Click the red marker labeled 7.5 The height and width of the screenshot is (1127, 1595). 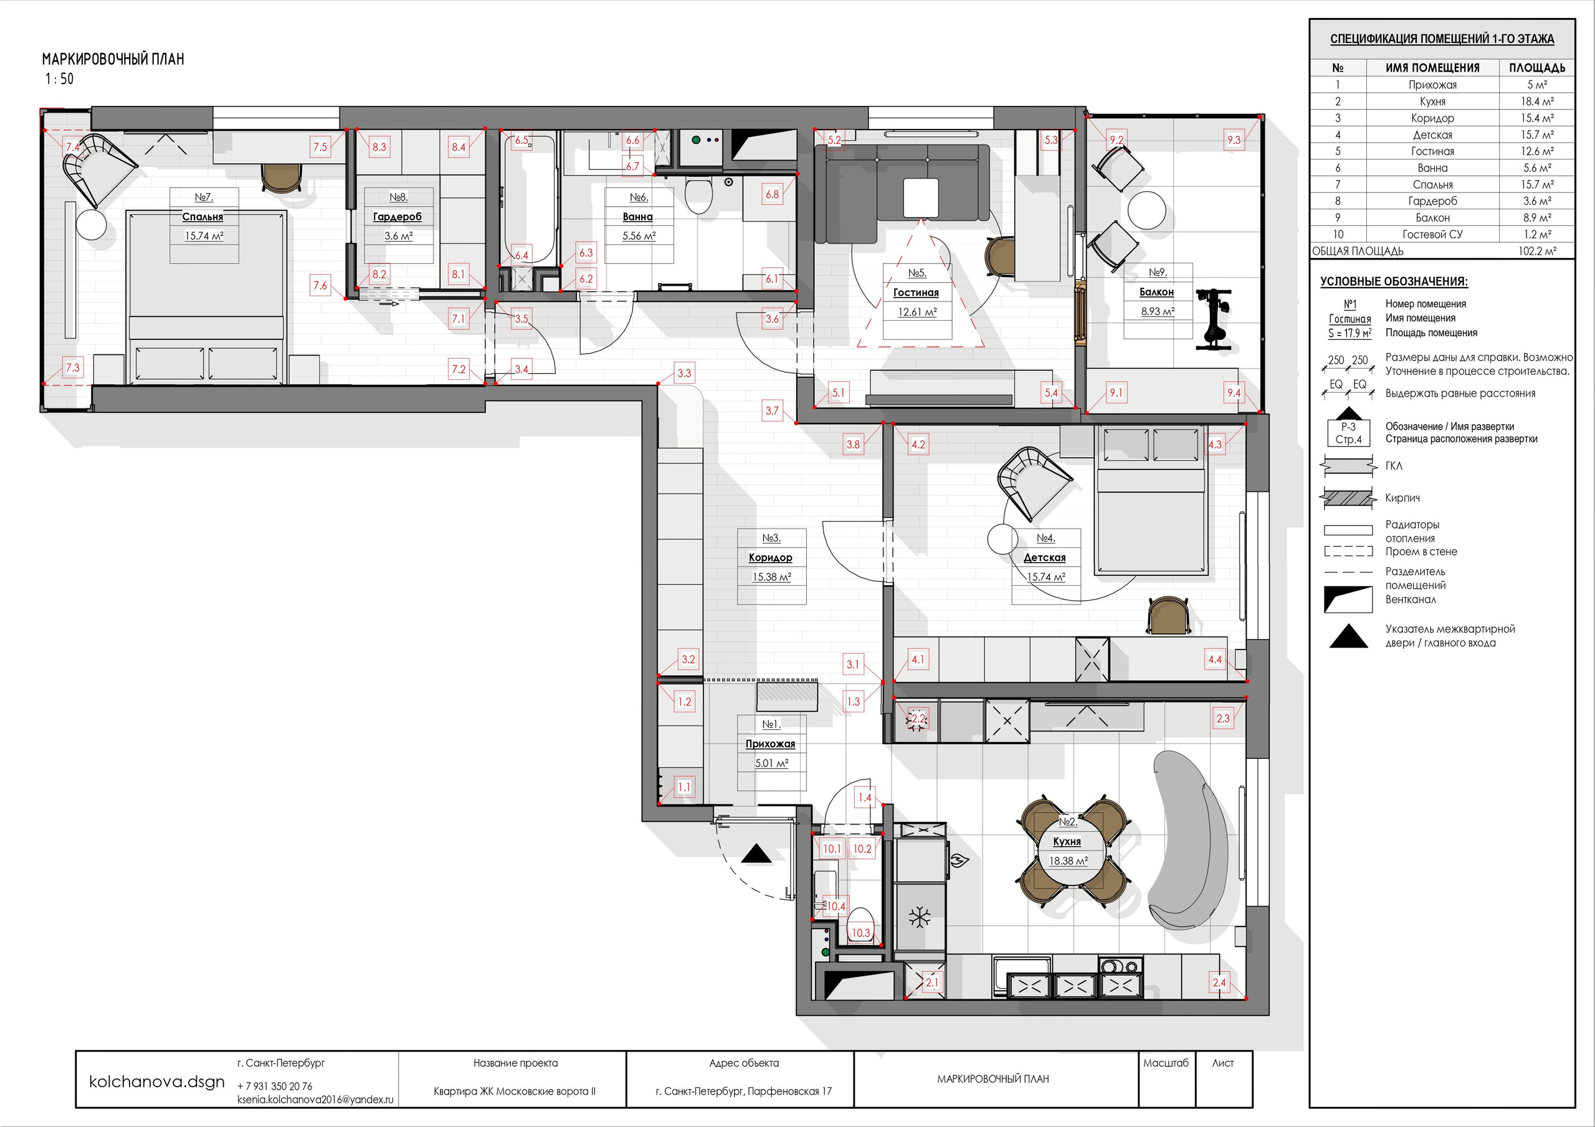(x=320, y=146)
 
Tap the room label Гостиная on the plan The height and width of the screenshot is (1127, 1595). (x=916, y=293)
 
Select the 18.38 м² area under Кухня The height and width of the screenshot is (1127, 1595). (x=1068, y=861)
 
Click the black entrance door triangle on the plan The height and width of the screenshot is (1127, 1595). (x=756, y=854)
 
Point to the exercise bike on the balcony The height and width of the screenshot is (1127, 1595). (x=1213, y=319)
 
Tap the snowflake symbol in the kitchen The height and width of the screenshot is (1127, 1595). (x=920, y=917)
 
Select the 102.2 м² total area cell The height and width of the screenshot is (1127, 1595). (x=1536, y=252)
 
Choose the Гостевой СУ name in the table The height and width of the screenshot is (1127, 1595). (x=1432, y=235)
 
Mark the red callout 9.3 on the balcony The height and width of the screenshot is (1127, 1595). (x=1233, y=139)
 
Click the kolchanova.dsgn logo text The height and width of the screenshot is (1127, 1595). (x=157, y=1081)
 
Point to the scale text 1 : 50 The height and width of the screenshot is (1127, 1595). (x=60, y=79)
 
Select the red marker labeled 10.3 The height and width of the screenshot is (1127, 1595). (x=860, y=933)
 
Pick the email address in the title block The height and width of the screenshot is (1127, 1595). (x=315, y=1099)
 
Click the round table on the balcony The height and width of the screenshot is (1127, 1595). (x=1147, y=210)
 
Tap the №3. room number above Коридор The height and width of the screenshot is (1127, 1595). (x=771, y=538)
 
